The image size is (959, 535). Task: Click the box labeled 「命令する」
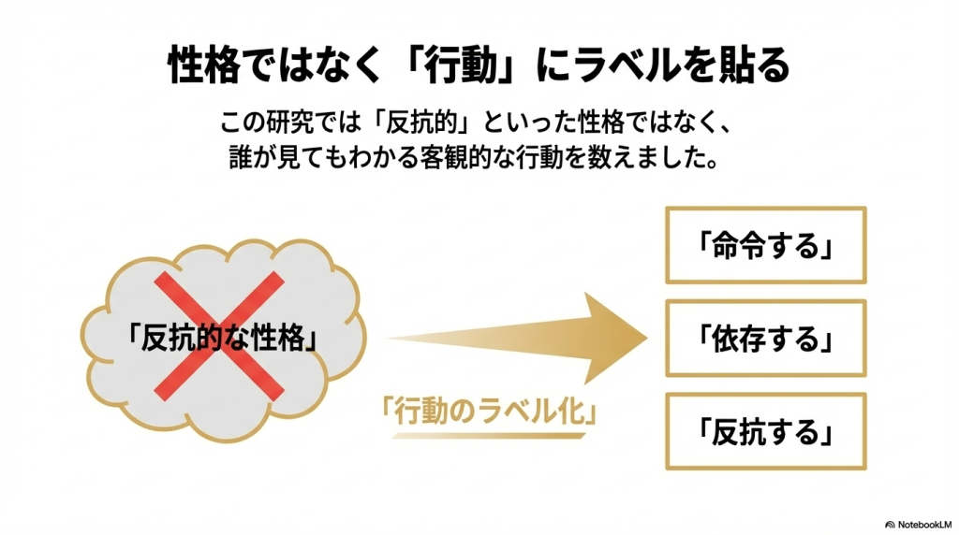765,245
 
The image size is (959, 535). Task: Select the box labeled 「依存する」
765,338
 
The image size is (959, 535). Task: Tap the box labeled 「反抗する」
765,431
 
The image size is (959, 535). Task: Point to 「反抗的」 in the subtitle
426,122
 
